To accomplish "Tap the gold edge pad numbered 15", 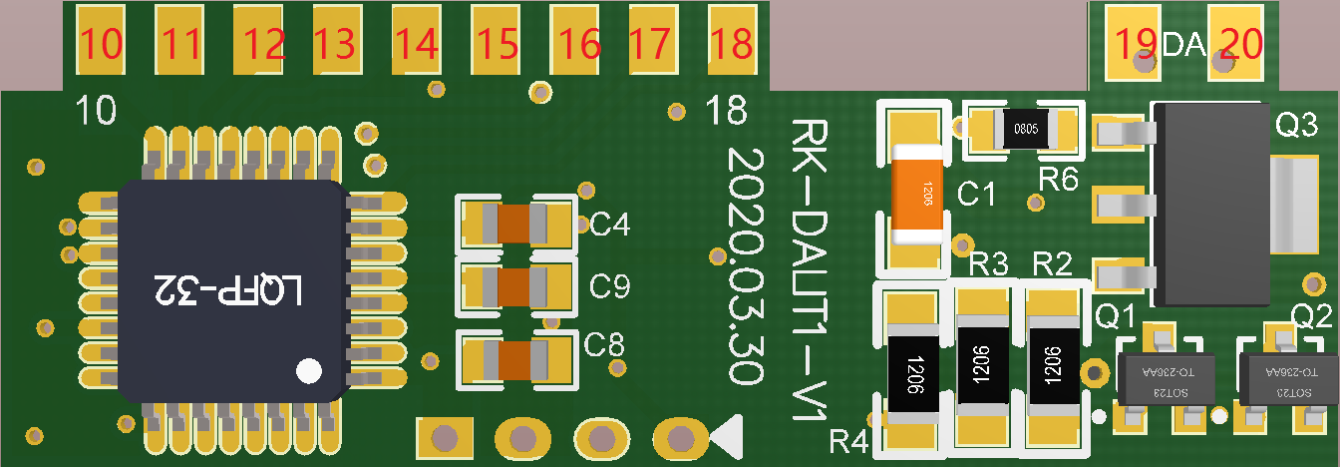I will [496, 40].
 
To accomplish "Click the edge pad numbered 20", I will [1236, 42].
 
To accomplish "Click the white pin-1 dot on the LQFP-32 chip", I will [310, 371].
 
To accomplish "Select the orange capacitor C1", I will [918, 194].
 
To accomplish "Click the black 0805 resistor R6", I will [1024, 129].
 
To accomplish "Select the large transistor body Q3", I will [1210, 205].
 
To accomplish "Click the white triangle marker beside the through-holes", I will [729, 436].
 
